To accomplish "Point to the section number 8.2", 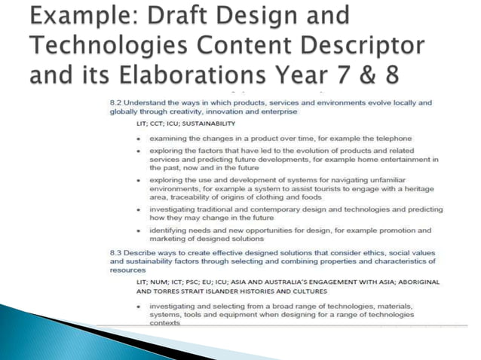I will point(115,102).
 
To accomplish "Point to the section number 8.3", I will point(115,252).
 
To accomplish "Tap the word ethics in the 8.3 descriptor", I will point(359,252).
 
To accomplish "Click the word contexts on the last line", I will point(164,323).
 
